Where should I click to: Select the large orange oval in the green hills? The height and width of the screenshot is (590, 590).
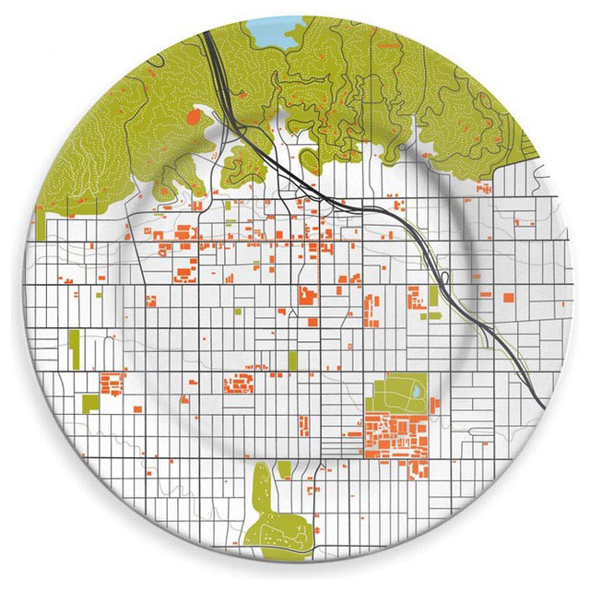click(x=194, y=118)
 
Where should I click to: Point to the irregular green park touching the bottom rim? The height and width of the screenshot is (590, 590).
click(x=265, y=512)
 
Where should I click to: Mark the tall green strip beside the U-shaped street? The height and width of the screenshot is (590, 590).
click(x=75, y=348)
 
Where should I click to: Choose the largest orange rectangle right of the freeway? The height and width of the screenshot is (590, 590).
click(x=509, y=297)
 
